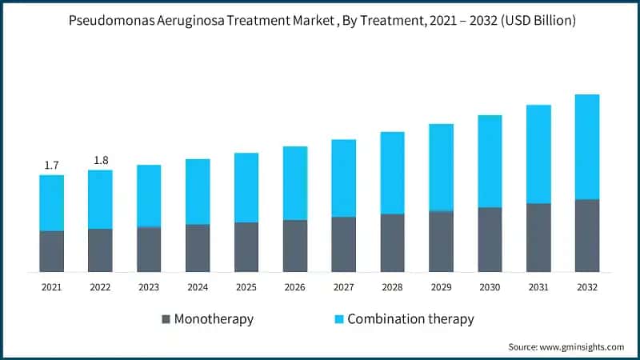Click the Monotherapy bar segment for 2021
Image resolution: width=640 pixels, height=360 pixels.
[x=52, y=251]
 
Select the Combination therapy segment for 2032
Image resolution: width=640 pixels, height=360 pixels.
[x=587, y=146]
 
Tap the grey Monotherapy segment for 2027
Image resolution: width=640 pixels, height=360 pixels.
[x=344, y=244]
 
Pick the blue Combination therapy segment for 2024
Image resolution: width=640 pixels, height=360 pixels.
[x=198, y=191]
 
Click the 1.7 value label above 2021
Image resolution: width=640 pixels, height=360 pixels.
[x=51, y=166]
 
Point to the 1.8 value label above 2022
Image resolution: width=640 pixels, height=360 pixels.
[x=101, y=160]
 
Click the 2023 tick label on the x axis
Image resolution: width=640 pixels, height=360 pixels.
[x=149, y=286]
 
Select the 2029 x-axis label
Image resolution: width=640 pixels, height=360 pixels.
[x=441, y=286]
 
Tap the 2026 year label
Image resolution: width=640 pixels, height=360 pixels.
[x=295, y=286]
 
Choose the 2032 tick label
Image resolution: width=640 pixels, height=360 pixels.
[x=587, y=286]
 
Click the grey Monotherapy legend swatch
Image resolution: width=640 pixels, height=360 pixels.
[x=166, y=319]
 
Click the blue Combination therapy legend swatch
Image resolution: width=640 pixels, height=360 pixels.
[x=338, y=319]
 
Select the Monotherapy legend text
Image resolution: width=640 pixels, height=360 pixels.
[x=214, y=319]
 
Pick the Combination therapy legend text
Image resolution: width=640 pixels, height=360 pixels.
[x=412, y=319]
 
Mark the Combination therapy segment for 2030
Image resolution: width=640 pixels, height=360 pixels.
[x=490, y=161]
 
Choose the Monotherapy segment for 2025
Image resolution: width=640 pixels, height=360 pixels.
[x=246, y=247]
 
